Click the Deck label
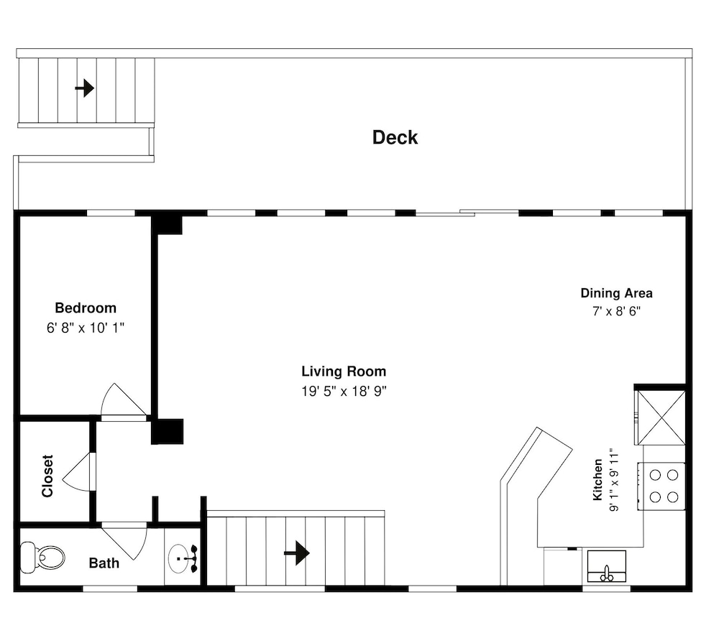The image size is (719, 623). click(x=395, y=137)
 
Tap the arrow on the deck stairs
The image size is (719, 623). click(x=85, y=88)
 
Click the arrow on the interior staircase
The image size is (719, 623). click(x=297, y=553)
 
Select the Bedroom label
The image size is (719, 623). click(x=86, y=308)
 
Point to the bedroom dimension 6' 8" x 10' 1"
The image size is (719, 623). click(x=86, y=328)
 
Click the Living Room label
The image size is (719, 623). click(x=344, y=371)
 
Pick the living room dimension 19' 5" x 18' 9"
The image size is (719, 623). click(x=344, y=391)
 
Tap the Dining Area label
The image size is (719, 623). click(x=616, y=293)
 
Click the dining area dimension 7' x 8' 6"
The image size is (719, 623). click(x=616, y=311)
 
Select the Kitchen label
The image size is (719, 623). click(x=597, y=479)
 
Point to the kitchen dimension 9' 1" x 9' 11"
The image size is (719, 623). click(x=614, y=480)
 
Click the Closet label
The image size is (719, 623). click(x=47, y=476)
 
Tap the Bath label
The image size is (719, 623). click(x=104, y=563)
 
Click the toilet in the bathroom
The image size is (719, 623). click(x=42, y=558)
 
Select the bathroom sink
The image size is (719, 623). click(x=183, y=558)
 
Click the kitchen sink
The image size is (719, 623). click(x=607, y=566)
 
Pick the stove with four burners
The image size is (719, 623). click(x=661, y=486)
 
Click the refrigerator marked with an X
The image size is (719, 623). click(x=660, y=417)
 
